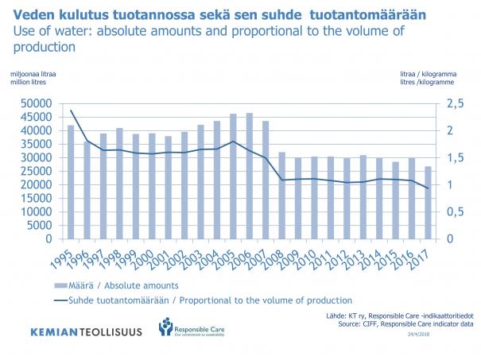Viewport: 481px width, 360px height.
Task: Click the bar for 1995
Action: [x=71, y=182]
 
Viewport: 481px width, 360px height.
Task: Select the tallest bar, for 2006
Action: [x=250, y=176]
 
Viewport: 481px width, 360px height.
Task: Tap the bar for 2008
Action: [x=282, y=195]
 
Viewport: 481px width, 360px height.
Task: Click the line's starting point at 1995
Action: [x=71, y=110]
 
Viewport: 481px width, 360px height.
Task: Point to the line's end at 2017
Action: [x=429, y=188]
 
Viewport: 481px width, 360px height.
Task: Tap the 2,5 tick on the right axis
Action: [x=454, y=104]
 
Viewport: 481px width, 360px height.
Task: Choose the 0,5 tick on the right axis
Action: [x=454, y=212]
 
